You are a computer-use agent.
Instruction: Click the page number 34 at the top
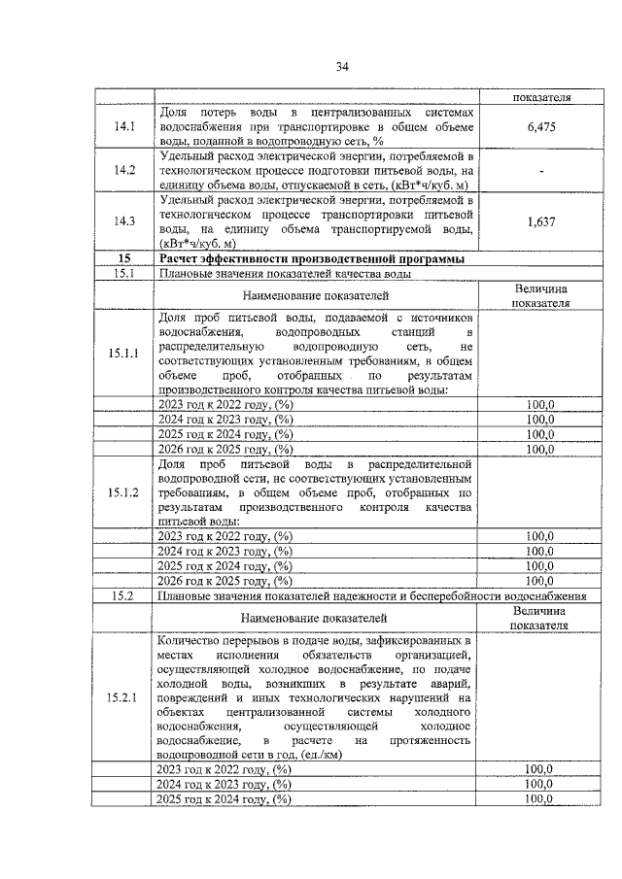(x=342, y=66)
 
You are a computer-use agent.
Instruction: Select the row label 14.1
(x=124, y=126)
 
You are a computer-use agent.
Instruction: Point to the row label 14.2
(x=124, y=171)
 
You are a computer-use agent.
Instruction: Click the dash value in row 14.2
(x=539, y=171)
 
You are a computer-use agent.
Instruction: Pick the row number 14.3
(x=124, y=220)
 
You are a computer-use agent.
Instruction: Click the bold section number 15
(x=124, y=258)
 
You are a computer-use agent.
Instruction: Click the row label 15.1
(x=124, y=274)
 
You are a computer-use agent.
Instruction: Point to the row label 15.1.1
(x=124, y=353)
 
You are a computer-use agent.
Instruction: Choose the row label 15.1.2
(x=124, y=492)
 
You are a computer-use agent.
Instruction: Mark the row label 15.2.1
(x=124, y=697)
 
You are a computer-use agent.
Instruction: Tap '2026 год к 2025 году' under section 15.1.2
(x=225, y=581)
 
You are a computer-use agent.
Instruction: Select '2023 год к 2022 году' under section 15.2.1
(x=225, y=769)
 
